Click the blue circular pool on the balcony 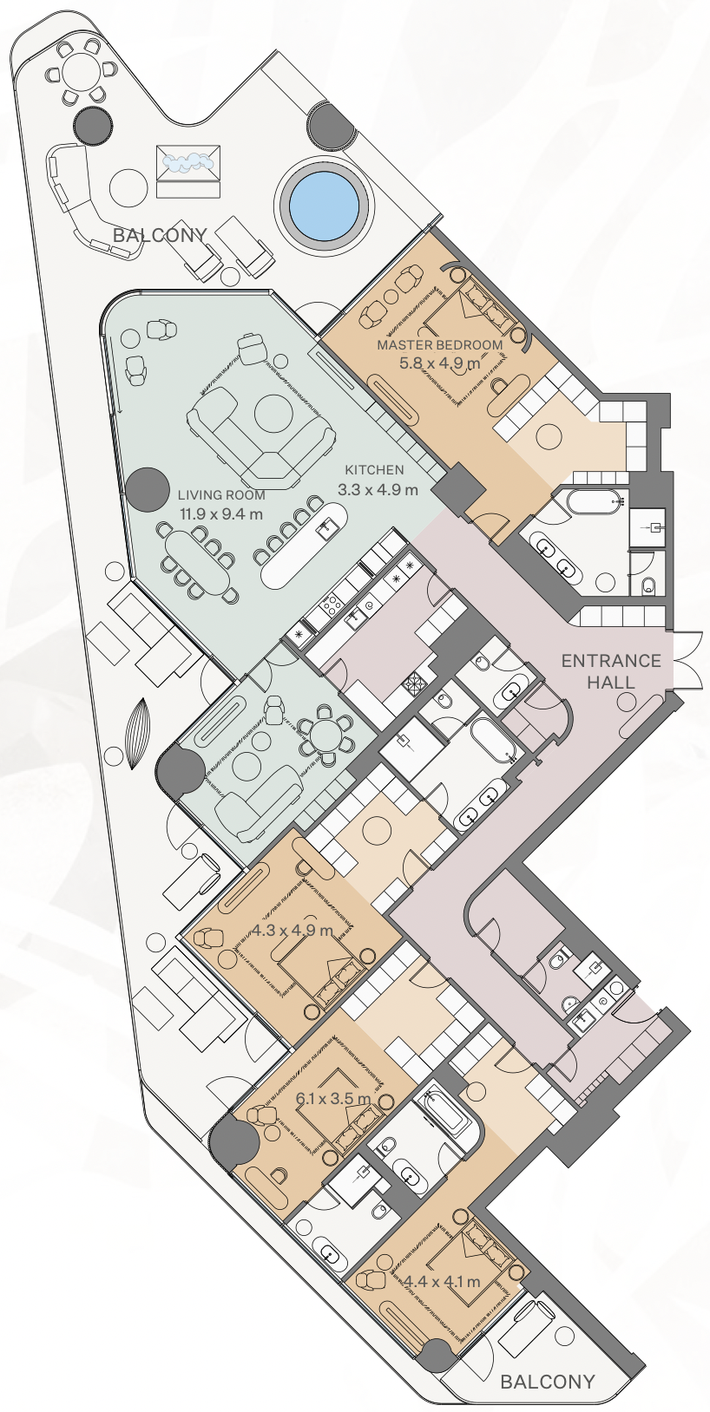pos(325,206)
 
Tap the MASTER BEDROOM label pos(439,345)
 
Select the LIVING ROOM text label pos(221,495)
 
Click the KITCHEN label pos(375,469)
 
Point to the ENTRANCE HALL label pos(611,671)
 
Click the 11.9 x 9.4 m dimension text pos(221,513)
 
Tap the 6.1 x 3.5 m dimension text pos(333,1099)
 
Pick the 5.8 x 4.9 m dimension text pos(439,363)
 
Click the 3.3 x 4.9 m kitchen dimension pos(378,489)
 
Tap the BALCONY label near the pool pos(160,235)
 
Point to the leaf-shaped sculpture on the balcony pos(139,734)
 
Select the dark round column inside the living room pos(145,489)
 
